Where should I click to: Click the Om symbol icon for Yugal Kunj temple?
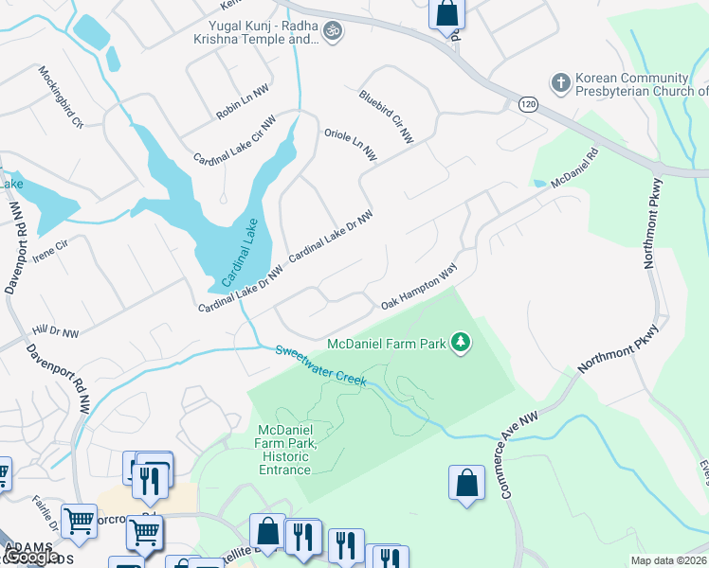point(332,32)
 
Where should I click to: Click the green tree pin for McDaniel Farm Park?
point(461,342)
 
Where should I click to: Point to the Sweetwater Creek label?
point(320,364)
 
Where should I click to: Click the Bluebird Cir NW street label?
point(386,116)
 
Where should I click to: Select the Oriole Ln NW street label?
point(351,142)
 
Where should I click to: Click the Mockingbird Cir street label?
point(62,97)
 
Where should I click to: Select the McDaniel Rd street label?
point(575,168)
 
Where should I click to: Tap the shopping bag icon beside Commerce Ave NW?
point(465,483)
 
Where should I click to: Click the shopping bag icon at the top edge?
point(447,14)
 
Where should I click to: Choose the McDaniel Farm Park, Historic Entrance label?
point(284,450)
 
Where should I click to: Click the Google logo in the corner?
point(30,557)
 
